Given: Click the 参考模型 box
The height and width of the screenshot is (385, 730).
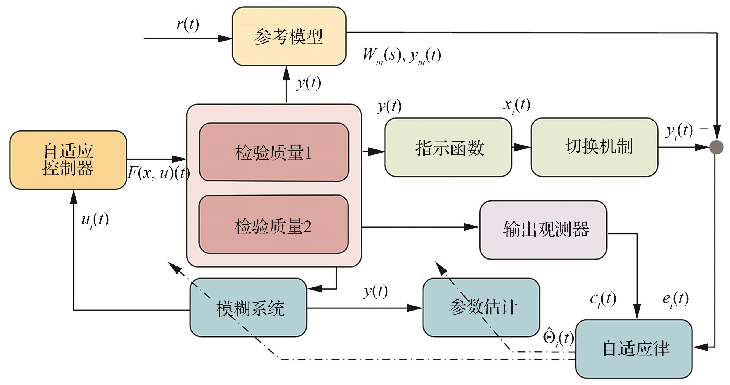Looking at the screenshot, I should click(x=289, y=36).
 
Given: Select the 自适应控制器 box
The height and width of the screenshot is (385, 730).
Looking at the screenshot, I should click(x=68, y=160).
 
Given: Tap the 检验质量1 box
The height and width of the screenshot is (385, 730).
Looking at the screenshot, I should click(x=273, y=152).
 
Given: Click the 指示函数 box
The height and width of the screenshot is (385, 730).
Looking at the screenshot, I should click(x=448, y=147).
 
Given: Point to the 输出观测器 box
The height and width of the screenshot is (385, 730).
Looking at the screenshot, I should click(x=543, y=229).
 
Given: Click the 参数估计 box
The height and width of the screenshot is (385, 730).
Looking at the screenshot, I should click(x=481, y=308).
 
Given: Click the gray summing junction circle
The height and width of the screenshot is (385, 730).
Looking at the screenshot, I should click(x=716, y=147).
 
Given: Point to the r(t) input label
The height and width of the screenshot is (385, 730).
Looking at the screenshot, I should click(x=188, y=24).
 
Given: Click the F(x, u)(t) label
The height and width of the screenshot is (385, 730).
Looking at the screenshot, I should click(x=158, y=173).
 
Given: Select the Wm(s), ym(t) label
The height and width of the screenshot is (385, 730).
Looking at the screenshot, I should click(x=402, y=55).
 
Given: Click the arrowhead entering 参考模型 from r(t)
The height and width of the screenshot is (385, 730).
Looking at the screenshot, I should click(x=225, y=39).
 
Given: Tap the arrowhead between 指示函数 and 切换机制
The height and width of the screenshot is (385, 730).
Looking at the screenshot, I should click(x=521, y=147).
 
